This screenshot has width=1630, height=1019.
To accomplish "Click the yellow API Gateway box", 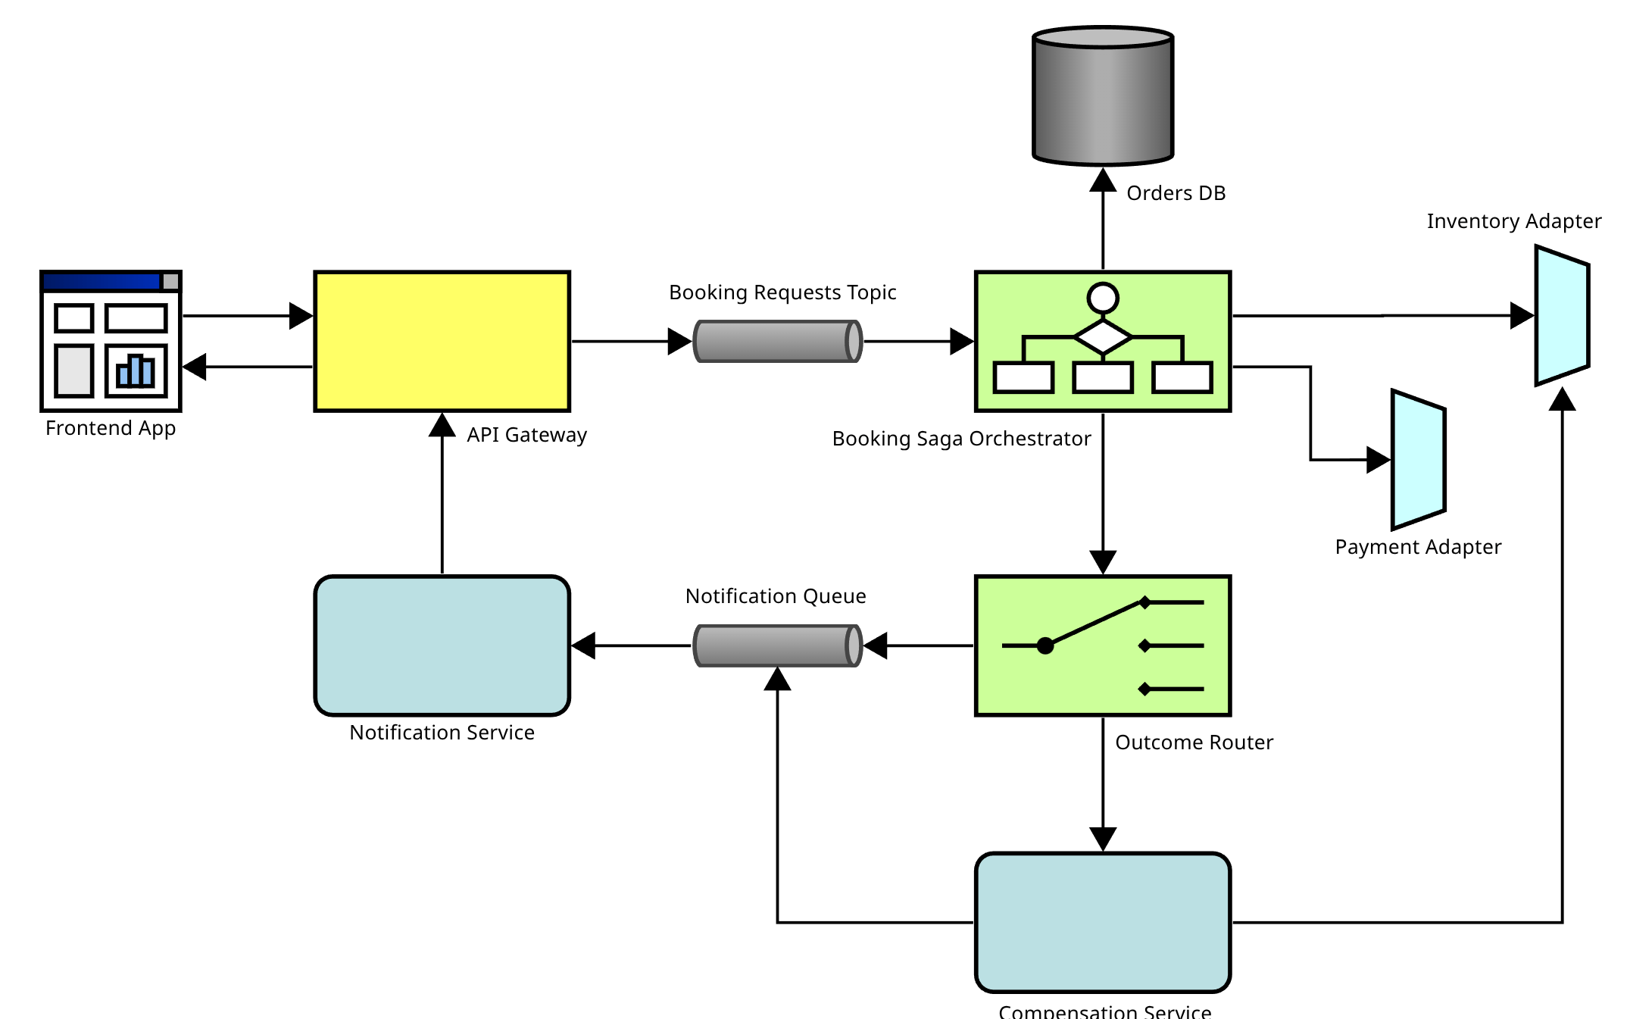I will [442, 341].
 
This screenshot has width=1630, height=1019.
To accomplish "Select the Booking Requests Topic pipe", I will [778, 342].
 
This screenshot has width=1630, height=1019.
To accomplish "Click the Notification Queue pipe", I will [778, 645].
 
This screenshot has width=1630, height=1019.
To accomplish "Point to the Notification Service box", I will [442, 645].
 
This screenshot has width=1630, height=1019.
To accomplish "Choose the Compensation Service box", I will [1103, 922].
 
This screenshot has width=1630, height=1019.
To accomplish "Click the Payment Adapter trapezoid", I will [1418, 460].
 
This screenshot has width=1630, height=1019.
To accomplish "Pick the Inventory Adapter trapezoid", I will [1562, 315].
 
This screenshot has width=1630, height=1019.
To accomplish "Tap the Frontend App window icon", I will [111, 341].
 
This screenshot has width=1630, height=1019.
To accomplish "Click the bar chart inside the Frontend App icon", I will [136, 370].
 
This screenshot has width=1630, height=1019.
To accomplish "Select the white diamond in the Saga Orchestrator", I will [1103, 336].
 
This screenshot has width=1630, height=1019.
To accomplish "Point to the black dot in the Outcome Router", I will [1045, 645].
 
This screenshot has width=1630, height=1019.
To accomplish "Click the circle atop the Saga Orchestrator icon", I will [1103, 298].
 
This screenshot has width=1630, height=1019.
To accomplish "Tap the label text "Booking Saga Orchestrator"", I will [961, 439].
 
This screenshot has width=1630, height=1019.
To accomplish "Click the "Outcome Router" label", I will [1194, 742].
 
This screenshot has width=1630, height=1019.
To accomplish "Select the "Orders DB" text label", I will [1176, 193].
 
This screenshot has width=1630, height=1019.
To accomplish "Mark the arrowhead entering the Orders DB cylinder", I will [1103, 180].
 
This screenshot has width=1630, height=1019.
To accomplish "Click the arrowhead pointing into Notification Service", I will [583, 645].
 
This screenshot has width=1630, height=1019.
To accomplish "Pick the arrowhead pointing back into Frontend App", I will [195, 367].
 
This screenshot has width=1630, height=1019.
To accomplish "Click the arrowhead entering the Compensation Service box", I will [1103, 839].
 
